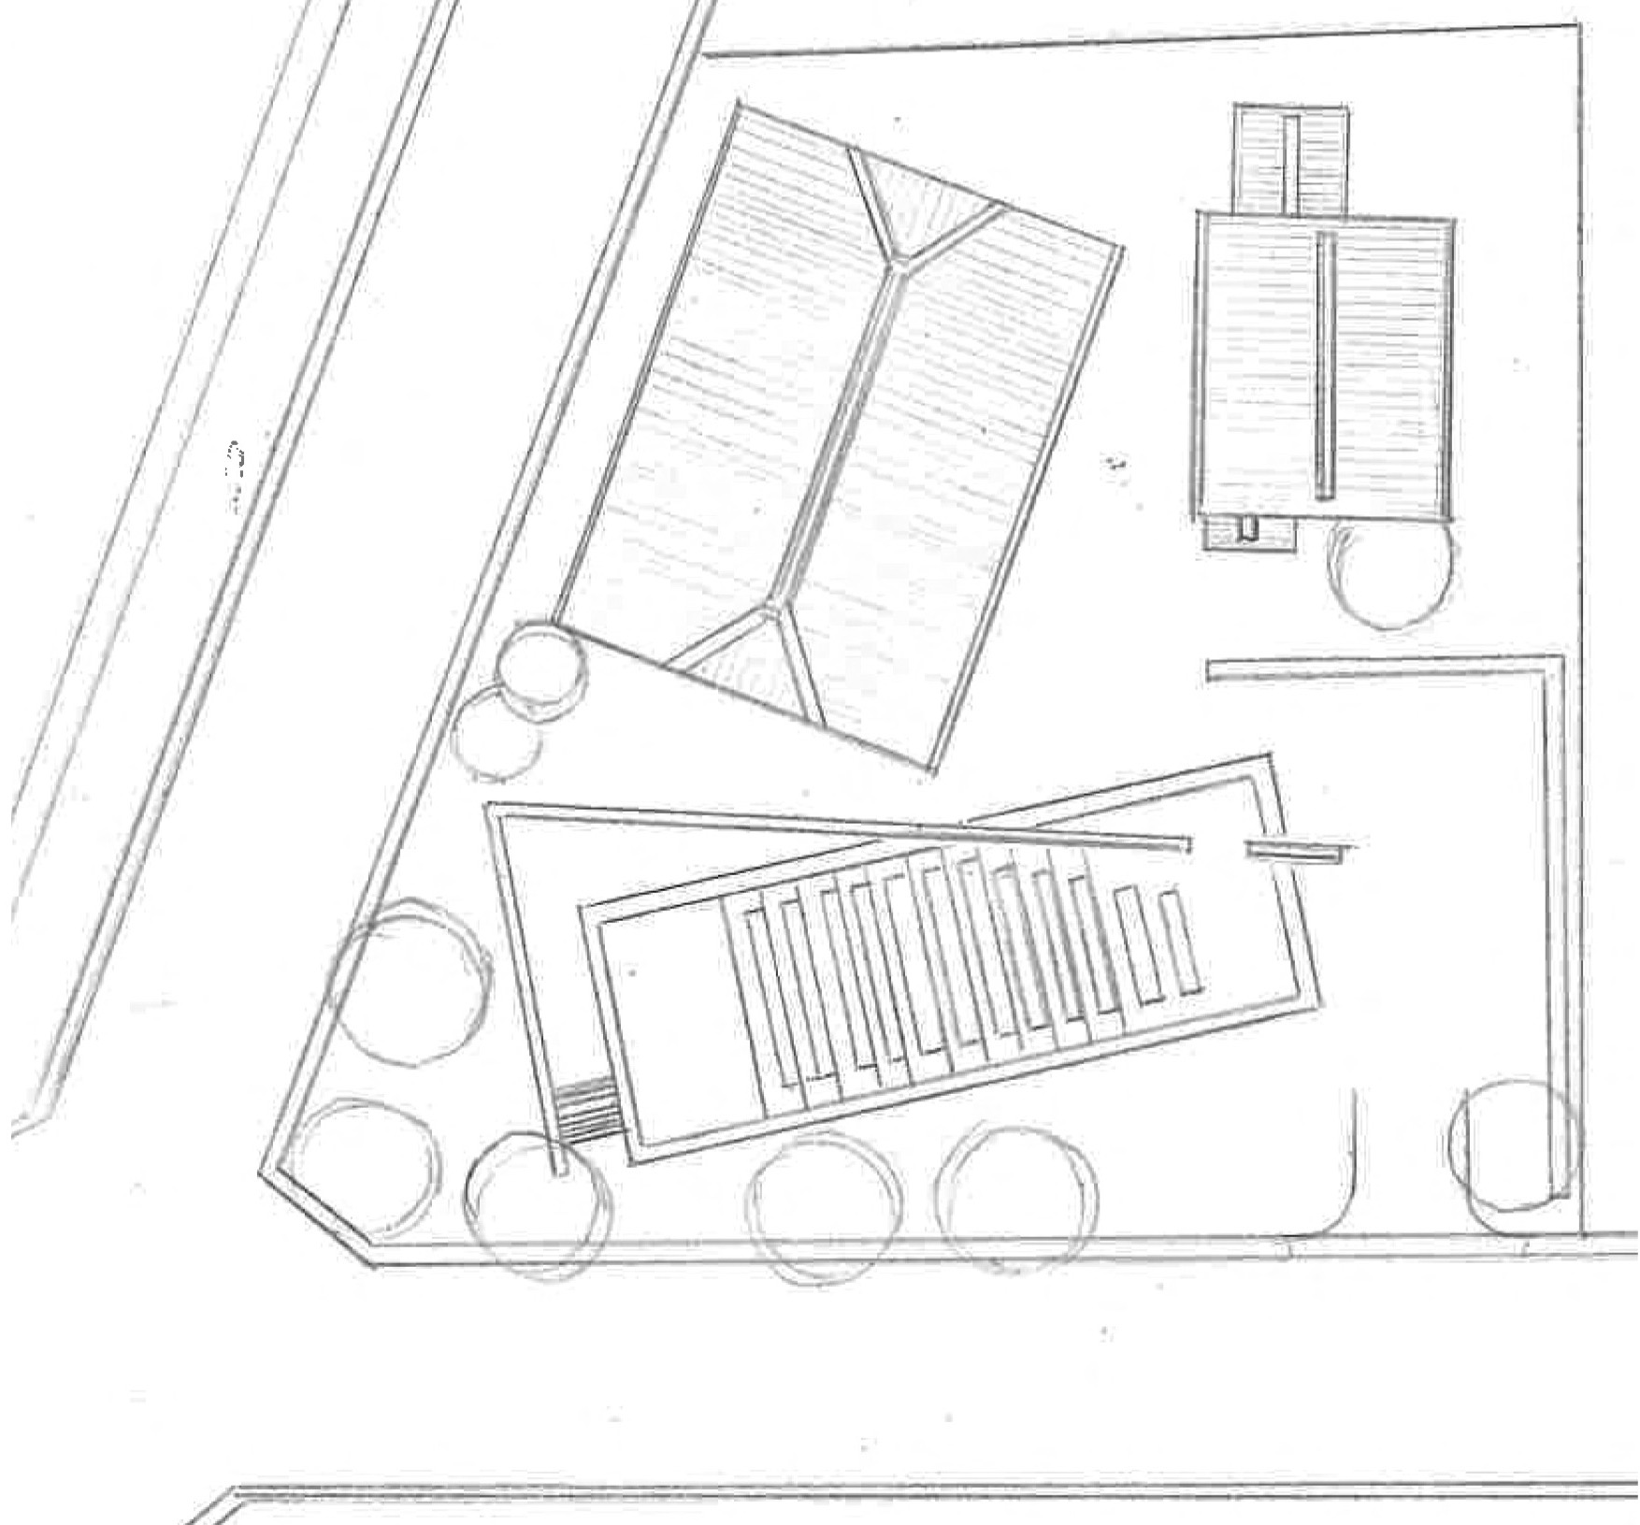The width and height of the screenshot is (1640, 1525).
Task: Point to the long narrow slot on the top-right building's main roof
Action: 1323,365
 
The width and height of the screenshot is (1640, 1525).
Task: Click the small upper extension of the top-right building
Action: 1291,159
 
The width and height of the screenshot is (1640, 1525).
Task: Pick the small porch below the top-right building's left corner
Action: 1248,534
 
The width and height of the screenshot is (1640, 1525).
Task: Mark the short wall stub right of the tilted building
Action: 1300,849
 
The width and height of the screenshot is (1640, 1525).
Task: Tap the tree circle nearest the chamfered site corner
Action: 369,1164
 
